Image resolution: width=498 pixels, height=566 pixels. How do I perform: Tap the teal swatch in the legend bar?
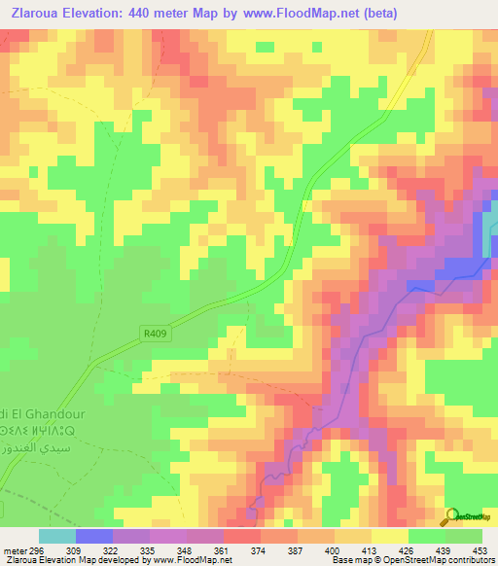click(x=56, y=536)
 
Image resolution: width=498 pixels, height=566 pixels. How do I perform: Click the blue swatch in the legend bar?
click(x=93, y=536)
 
